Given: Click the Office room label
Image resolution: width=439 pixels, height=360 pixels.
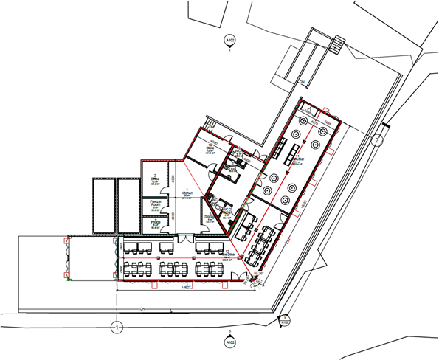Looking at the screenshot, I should coord(156,179).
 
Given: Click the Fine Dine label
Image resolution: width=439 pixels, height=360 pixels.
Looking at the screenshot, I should coord(231,254).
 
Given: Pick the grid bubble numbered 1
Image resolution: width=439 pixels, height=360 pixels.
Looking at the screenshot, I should coord(115,325).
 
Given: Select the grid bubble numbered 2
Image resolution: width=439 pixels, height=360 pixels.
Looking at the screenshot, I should coord(377,139).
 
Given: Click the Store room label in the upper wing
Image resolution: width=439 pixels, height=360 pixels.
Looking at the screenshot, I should coord(210,149).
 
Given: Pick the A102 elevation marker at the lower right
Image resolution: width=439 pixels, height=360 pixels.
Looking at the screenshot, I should coord(284,320).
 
